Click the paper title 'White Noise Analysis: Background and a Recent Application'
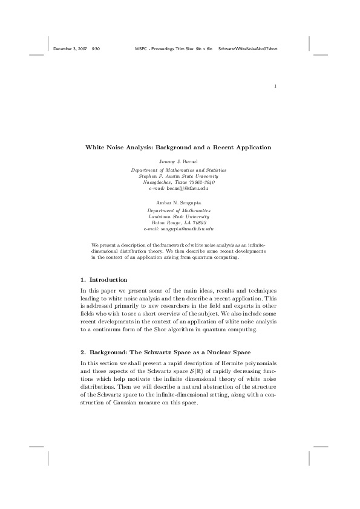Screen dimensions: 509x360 point(178,147)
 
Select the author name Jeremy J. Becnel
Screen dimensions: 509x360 point(178,163)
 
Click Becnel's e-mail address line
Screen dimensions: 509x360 point(178,189)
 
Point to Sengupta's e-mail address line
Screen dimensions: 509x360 point(178,229)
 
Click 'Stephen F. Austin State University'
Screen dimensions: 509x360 point(178,176)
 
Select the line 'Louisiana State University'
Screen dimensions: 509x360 point(178,216)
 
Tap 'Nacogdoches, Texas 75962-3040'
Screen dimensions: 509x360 point(178,183)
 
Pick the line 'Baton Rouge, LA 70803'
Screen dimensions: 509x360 point(178,222)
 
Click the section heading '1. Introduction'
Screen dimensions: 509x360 point(103,280)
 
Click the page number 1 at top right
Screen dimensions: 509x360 point(275,86)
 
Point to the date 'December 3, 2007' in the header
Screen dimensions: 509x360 point(69,48)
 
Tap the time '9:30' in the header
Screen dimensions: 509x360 point(95,48)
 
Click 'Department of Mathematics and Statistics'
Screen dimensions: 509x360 point(178,170)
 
